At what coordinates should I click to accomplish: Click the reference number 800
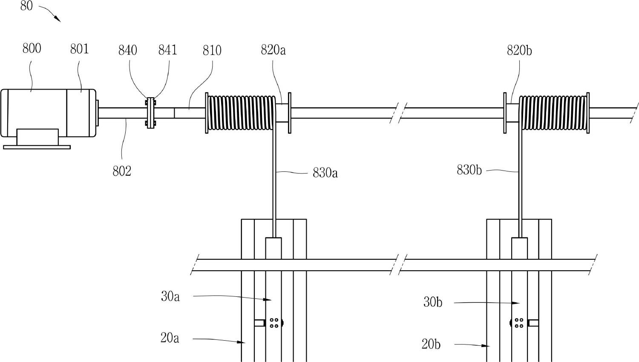(32, 49)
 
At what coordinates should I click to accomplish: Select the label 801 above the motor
(80, 49)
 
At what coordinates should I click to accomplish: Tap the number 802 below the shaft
(122, 171)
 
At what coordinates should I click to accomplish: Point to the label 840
(128, 50)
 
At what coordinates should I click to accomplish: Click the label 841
(168, 50)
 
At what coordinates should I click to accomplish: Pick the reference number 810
(212, 51)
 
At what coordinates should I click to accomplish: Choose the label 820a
(273, 50)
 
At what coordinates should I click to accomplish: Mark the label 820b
(519, 51)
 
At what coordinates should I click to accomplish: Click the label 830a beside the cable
(325, 173)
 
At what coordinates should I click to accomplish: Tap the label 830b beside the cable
(469, 170)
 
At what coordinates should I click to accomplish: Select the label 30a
(170, 297)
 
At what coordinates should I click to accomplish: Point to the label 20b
(431, 344)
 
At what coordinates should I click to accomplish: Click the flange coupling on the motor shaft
(150, 113)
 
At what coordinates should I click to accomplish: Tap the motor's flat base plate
(37, 147)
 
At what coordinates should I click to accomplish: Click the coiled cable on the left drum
(241, 113)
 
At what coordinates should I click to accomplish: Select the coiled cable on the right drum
(553, 113)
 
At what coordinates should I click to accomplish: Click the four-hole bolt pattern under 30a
(274, 323)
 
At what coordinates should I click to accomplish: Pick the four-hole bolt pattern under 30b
(518, 323)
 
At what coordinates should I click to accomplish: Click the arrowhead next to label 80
(58, 19)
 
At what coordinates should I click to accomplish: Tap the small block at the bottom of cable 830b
(519, 249)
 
